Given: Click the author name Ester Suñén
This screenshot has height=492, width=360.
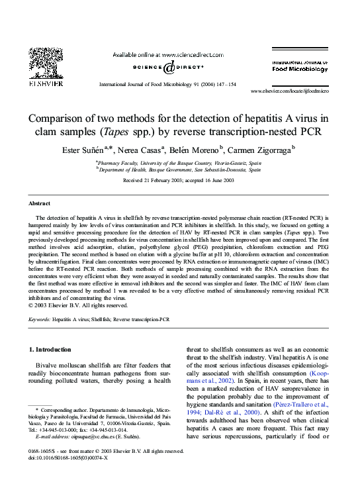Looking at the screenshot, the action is pos(85,149).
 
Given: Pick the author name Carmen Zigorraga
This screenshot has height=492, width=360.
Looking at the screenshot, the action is pos(265,149).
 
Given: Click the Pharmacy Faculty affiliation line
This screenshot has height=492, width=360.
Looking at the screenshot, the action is pos(180,162).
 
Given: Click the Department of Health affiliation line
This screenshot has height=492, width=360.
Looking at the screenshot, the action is pos(180,170).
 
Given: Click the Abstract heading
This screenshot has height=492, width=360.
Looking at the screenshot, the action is pos(40,203).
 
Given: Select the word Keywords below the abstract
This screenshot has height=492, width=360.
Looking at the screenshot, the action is pos(39,319).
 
